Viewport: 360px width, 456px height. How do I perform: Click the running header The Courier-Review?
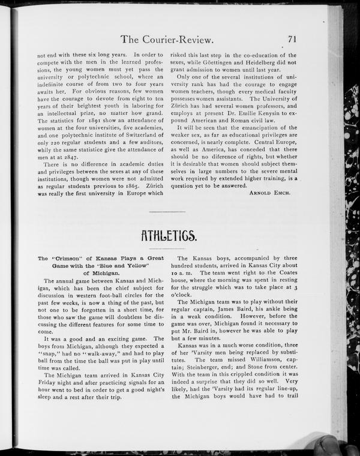[167, 40]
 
